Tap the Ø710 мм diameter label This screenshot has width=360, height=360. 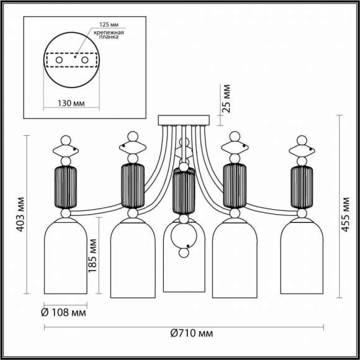pyautogui.click(x=192, y=333)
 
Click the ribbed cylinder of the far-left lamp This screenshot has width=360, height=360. pyautogui.click(x=66, y=186)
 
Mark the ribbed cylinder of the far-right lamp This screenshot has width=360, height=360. pyautogui.click(x=302, y=186)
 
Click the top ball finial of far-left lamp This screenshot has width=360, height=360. pyautogui.click(x=66, y=138)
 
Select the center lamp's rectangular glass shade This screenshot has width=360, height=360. pyautogui.click(x=184, y=273)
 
